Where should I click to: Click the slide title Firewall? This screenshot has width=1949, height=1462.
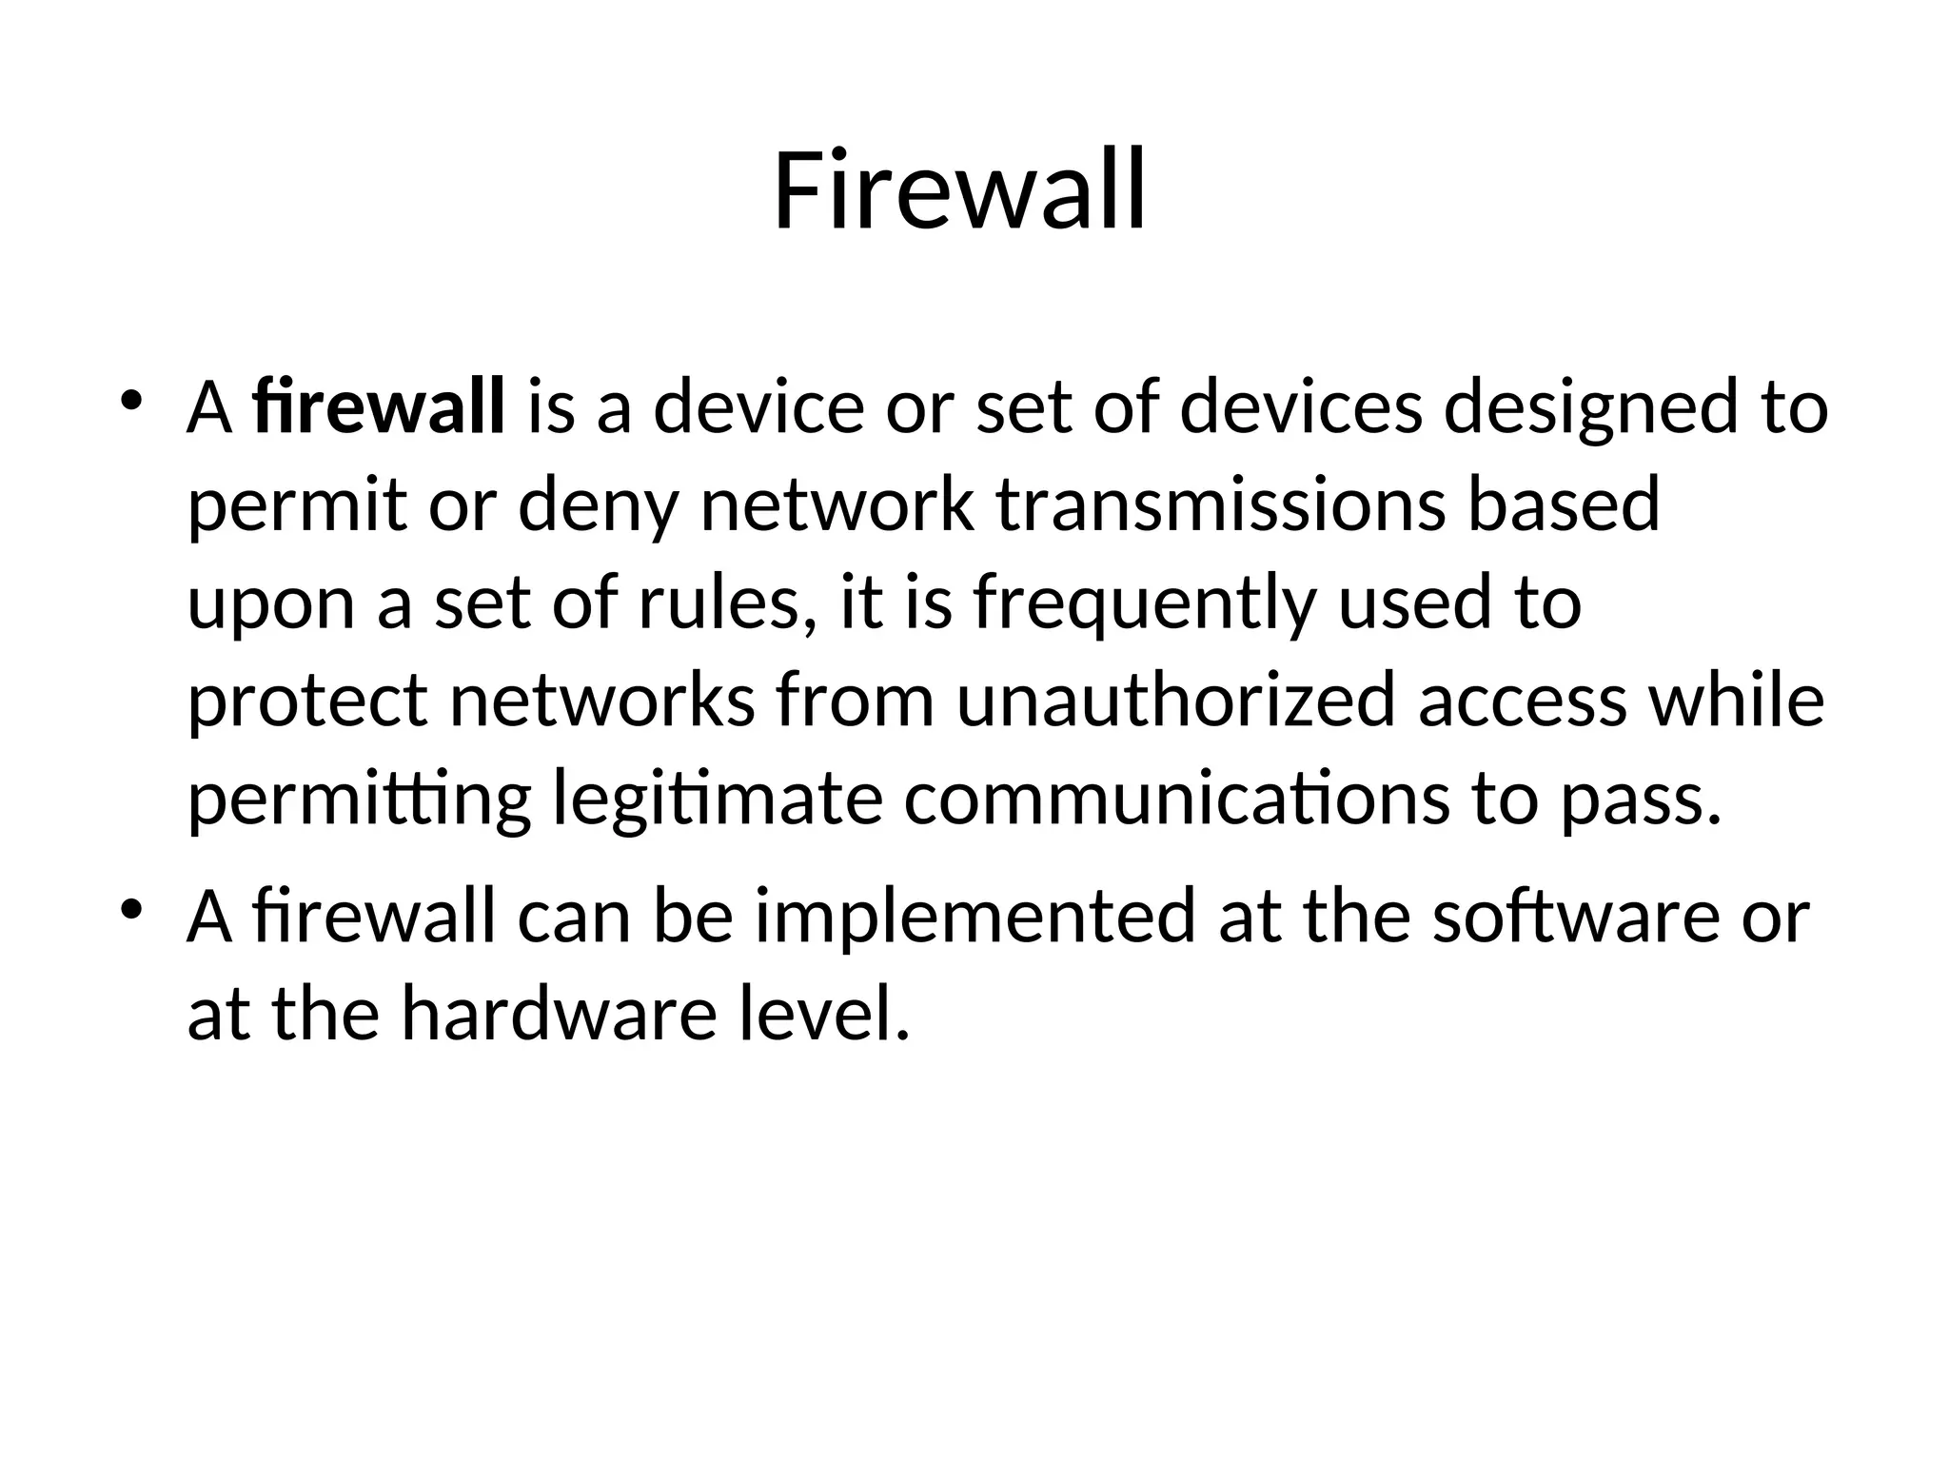(959, 192)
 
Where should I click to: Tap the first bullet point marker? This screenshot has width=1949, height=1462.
(131, 400)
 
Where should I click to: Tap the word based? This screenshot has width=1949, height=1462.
(1564, 504)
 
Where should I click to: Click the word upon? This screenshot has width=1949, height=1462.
(271, 605)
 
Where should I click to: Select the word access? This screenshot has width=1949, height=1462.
(1522, 702)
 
